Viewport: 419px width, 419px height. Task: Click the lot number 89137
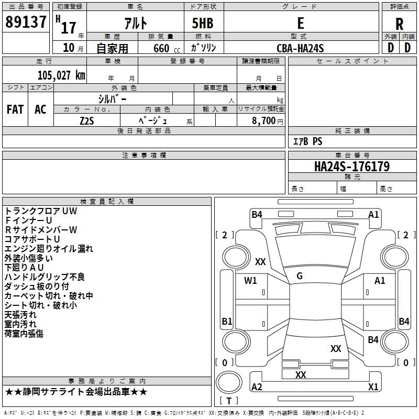tap(26, 22)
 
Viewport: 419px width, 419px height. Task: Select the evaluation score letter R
tap(399, 24)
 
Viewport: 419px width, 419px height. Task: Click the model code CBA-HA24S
tap(300, 48)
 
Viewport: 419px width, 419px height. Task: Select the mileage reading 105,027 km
tap(61, 75)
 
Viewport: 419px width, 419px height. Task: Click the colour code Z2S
tap(87, 120)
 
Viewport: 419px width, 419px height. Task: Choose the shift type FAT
tap(15, 109)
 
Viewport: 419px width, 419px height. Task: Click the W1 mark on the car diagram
tap(250, 281)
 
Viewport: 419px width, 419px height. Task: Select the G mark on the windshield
tap(300, 276)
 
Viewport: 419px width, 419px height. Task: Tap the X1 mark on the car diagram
tap(373, 387)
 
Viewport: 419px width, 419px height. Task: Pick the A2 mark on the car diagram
tap(257, 387)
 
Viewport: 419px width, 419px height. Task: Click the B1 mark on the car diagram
tap(227, 321)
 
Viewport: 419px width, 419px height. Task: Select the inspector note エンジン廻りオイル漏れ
tap(49, 249)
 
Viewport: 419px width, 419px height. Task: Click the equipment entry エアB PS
tap(307, 141)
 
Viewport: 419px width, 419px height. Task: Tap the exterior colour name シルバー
tap(112, 98)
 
